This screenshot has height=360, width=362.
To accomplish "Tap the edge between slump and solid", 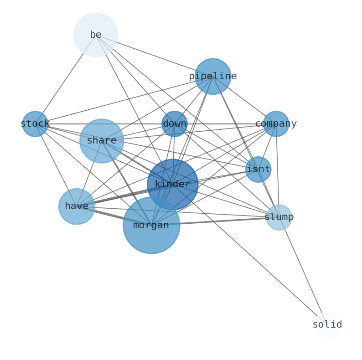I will pos(303,271).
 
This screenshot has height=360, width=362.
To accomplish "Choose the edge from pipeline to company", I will pos(245,101).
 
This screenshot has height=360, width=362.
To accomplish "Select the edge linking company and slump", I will pos(277,171).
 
